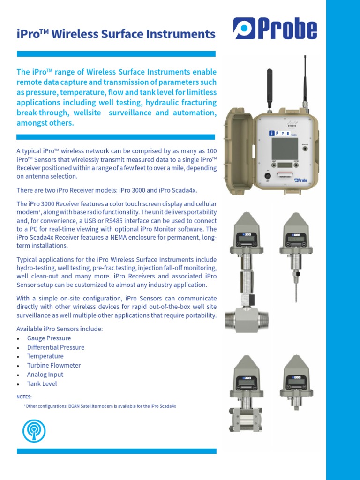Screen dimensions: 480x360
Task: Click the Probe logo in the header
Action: [275, 29]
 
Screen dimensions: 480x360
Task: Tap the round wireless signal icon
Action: [34, 429]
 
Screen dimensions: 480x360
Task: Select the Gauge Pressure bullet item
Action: [49, 338]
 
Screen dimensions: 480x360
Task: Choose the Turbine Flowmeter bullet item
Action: [53, 366]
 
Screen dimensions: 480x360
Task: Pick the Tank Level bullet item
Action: [42, 384]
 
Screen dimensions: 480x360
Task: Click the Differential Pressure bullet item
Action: [55, 347]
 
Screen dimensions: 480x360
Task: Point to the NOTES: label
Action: [24, 397]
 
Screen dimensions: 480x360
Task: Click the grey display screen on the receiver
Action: [285, 149]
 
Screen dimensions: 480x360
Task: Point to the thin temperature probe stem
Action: [297, 293]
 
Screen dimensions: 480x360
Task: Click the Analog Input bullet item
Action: [45, 375]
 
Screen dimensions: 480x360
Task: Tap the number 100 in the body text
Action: [211, 151]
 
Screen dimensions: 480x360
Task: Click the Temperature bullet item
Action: [45, 356]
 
